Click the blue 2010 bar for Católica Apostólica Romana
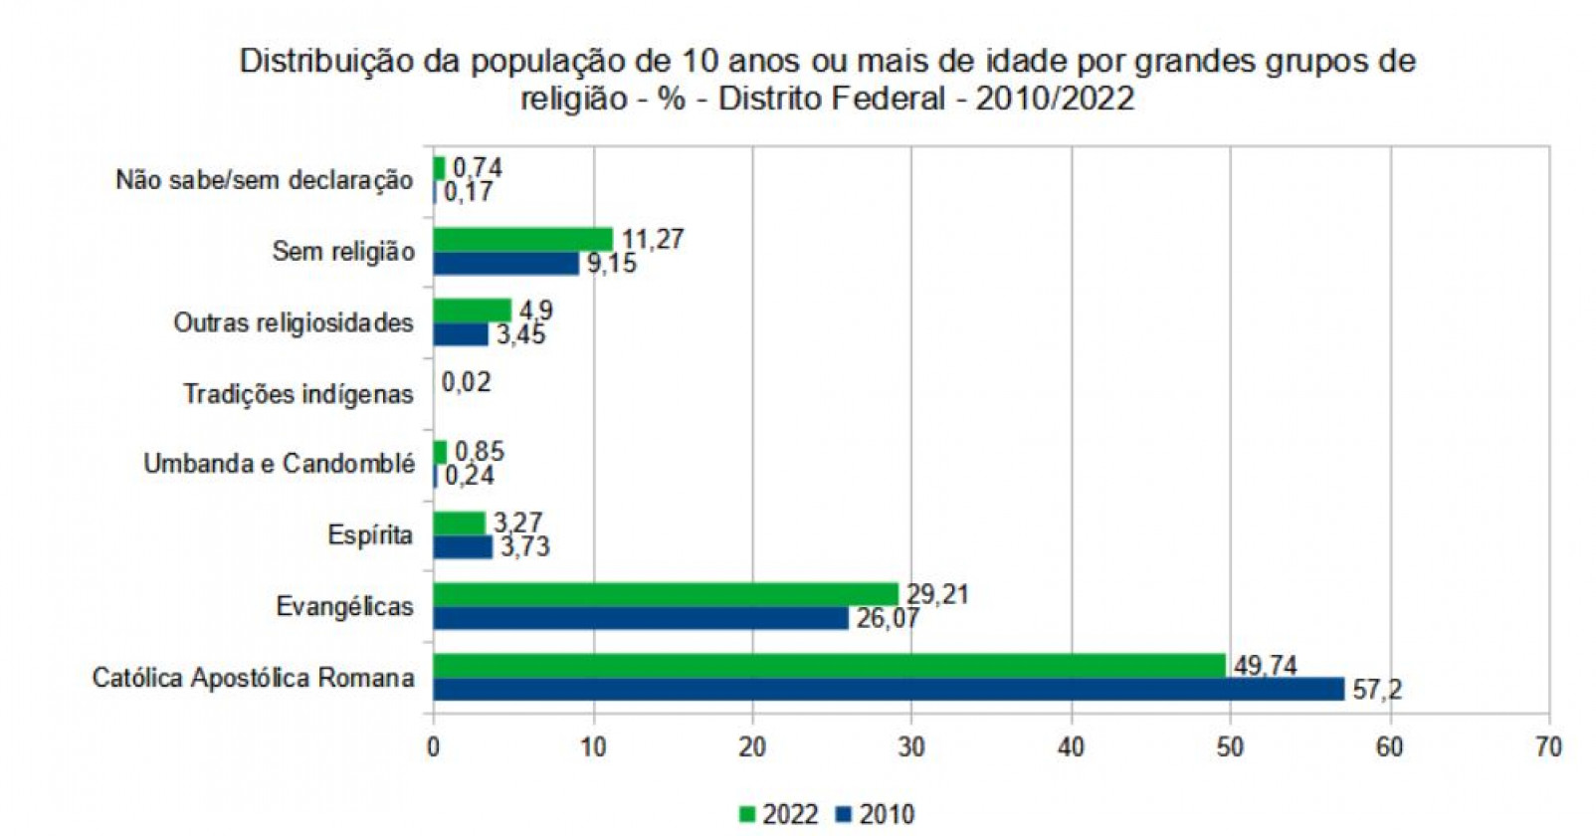coord(889,689)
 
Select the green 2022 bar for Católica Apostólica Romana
coord(829,665)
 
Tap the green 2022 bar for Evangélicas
coord(666,594)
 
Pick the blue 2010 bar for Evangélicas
coord(641,618)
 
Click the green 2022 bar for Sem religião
coord(523,239)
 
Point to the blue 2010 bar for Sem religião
coord(506,263)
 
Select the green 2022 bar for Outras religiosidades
coord(473,311)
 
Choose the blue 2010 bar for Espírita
coord(463,546)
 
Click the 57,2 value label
coord(1377,689)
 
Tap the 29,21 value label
coord(937,594)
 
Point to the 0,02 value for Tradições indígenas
coord(466,382)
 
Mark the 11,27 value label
coord(653,239)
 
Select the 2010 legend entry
coord(875,814)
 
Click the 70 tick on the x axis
coord(1548,746)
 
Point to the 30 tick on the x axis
coord(911,746)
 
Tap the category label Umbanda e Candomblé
coord(279,464)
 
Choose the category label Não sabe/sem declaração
coord(264,180)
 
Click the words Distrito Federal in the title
coord(832,99)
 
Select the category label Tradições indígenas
coord(298,394)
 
